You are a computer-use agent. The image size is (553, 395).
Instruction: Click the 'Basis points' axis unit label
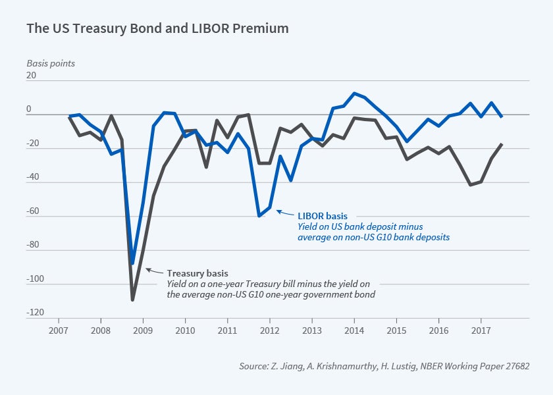(x=51, y=64)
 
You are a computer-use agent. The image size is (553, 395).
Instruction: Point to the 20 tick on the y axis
(x=32, y=76)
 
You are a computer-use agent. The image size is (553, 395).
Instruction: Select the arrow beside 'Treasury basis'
(x=150, y=270)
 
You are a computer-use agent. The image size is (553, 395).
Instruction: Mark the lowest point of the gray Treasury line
(x=132, y=300)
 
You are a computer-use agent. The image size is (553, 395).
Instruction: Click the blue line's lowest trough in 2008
(x=132, y=263)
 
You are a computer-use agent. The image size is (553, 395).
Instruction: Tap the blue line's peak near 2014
(x=354, y=93)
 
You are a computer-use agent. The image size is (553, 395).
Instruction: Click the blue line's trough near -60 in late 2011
(x=259, y=216)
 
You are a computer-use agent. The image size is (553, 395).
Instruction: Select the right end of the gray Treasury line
(x=502, y=144)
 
